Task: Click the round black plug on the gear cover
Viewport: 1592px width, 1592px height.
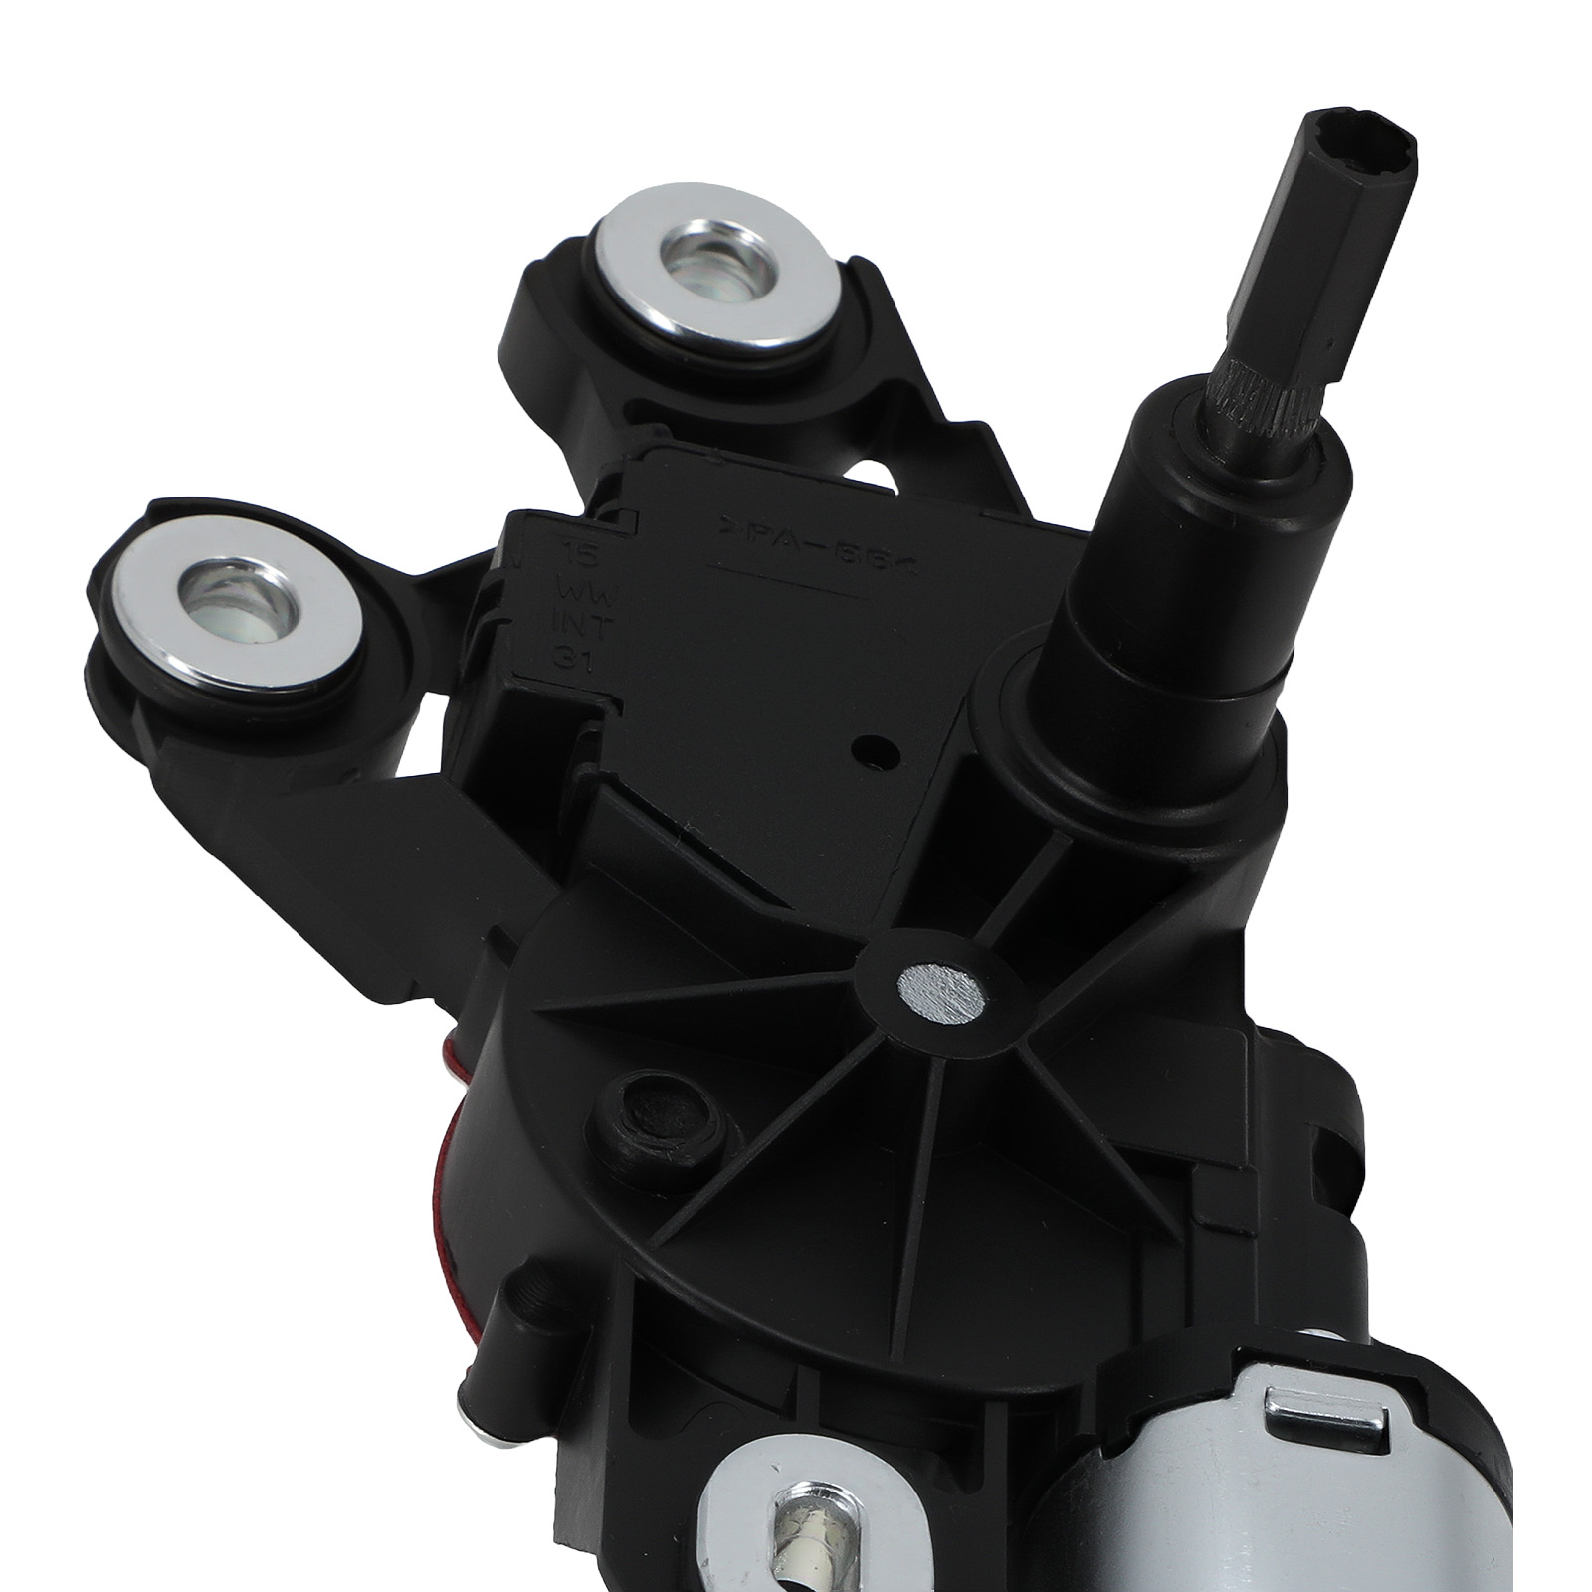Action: tap(661, 1110)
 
